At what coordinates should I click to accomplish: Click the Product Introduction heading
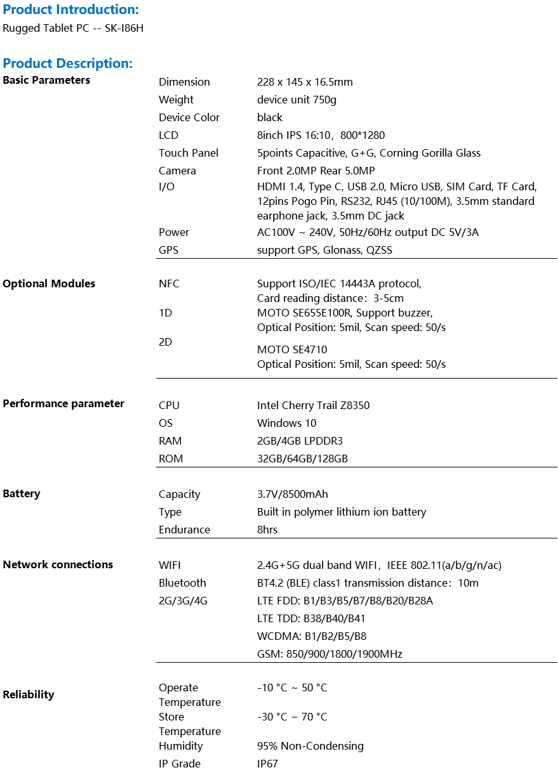click(x=70, y=10)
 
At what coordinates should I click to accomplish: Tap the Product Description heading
click(x=67, y=63)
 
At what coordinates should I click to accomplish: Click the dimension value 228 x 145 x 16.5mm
click(x=305, y=82)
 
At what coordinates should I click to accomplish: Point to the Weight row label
click(x=176, y=100)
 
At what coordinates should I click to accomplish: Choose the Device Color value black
click(x=270, y=117)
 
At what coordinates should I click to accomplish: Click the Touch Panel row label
click(x=189, y=153)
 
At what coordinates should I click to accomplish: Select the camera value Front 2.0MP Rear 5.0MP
click(x=316, y=171)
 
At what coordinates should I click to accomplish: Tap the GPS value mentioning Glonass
click(x=324, y=250)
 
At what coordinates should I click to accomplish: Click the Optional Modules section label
click(x=49, y=283)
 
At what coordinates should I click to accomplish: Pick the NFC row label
click(x=169, y=283)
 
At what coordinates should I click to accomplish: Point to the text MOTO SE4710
click(x=292, y=349)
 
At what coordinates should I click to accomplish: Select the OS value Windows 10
click(x=286, y=423)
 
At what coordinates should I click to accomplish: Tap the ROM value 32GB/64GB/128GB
click(x=302, y=459)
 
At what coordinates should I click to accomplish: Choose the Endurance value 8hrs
click(x=267, y=530)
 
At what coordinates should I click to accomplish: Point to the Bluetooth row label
click(x=182, y=583)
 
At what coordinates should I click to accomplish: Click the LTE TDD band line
click(x=311, y=618)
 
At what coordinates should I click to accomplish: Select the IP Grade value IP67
click(x=267, y=764)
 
